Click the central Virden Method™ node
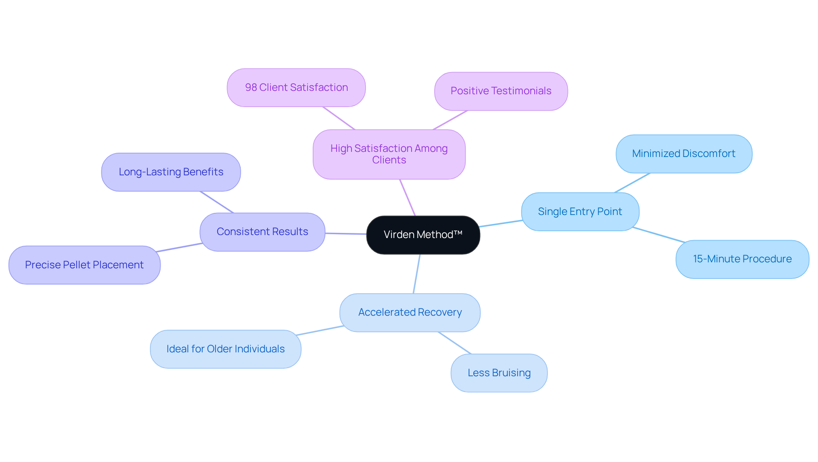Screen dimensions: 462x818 click(423, 235)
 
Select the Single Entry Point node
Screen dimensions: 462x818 click(580, 212)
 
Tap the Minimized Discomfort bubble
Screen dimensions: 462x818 click(683, 154)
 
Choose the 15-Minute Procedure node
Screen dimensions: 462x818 click(742, 259)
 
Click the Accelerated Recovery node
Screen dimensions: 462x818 click(409, 313)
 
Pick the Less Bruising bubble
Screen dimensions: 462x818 click(498, 373)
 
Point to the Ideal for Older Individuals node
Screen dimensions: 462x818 click(225, 349)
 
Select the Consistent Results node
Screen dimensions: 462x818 click(262, 232)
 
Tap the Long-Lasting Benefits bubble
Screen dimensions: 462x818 click(171, 172)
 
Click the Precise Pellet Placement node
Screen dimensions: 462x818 click(84, 265)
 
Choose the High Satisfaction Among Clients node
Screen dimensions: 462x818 click(389, 154)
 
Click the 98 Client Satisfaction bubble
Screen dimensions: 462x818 click(296, 88)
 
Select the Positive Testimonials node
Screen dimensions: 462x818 click(501, 91)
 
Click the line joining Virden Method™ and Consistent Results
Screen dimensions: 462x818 click(346, 234)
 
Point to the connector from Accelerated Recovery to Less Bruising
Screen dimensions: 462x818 click(455, 343)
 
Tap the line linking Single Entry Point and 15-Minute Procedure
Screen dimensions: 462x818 click(659, 235)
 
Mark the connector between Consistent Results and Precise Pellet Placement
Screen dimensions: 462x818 click(179, 247)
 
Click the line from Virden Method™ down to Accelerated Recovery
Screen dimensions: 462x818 click(417, 274)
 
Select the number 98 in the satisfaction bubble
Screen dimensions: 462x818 click(251, 87)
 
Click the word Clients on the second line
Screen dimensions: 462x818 click(389, 160)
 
